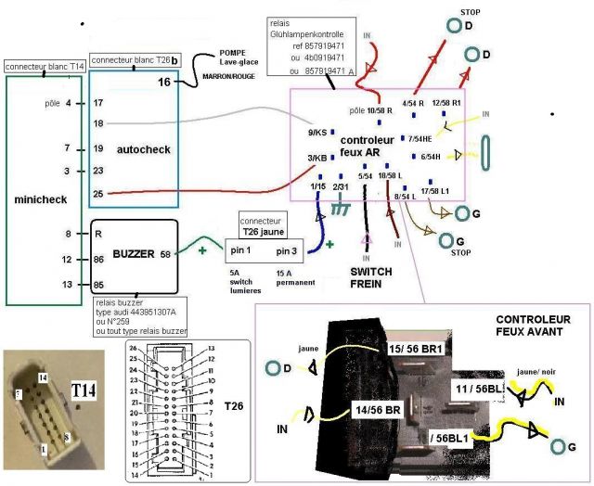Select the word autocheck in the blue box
(139, 148)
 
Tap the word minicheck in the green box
(35, 199)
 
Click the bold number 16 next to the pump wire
(163, 82)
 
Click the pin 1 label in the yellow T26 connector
(244, 251)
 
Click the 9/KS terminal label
(316, 133)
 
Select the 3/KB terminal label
(316, 158)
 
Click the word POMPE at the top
(232, 52)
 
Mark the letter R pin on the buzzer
(97, 235)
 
